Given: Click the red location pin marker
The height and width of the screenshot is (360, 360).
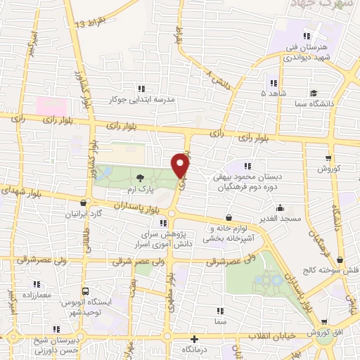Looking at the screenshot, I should coord(181,165).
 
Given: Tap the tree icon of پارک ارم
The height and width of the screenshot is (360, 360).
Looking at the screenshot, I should coord(140,179).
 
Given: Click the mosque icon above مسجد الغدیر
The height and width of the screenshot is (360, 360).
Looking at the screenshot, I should coord(281,208).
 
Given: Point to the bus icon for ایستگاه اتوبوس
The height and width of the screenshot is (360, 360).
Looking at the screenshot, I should coord(85,291).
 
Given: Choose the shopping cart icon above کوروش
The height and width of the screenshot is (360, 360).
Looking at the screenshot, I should coord(328,158).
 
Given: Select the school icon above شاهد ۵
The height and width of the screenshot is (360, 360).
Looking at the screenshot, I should coord(274,82).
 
